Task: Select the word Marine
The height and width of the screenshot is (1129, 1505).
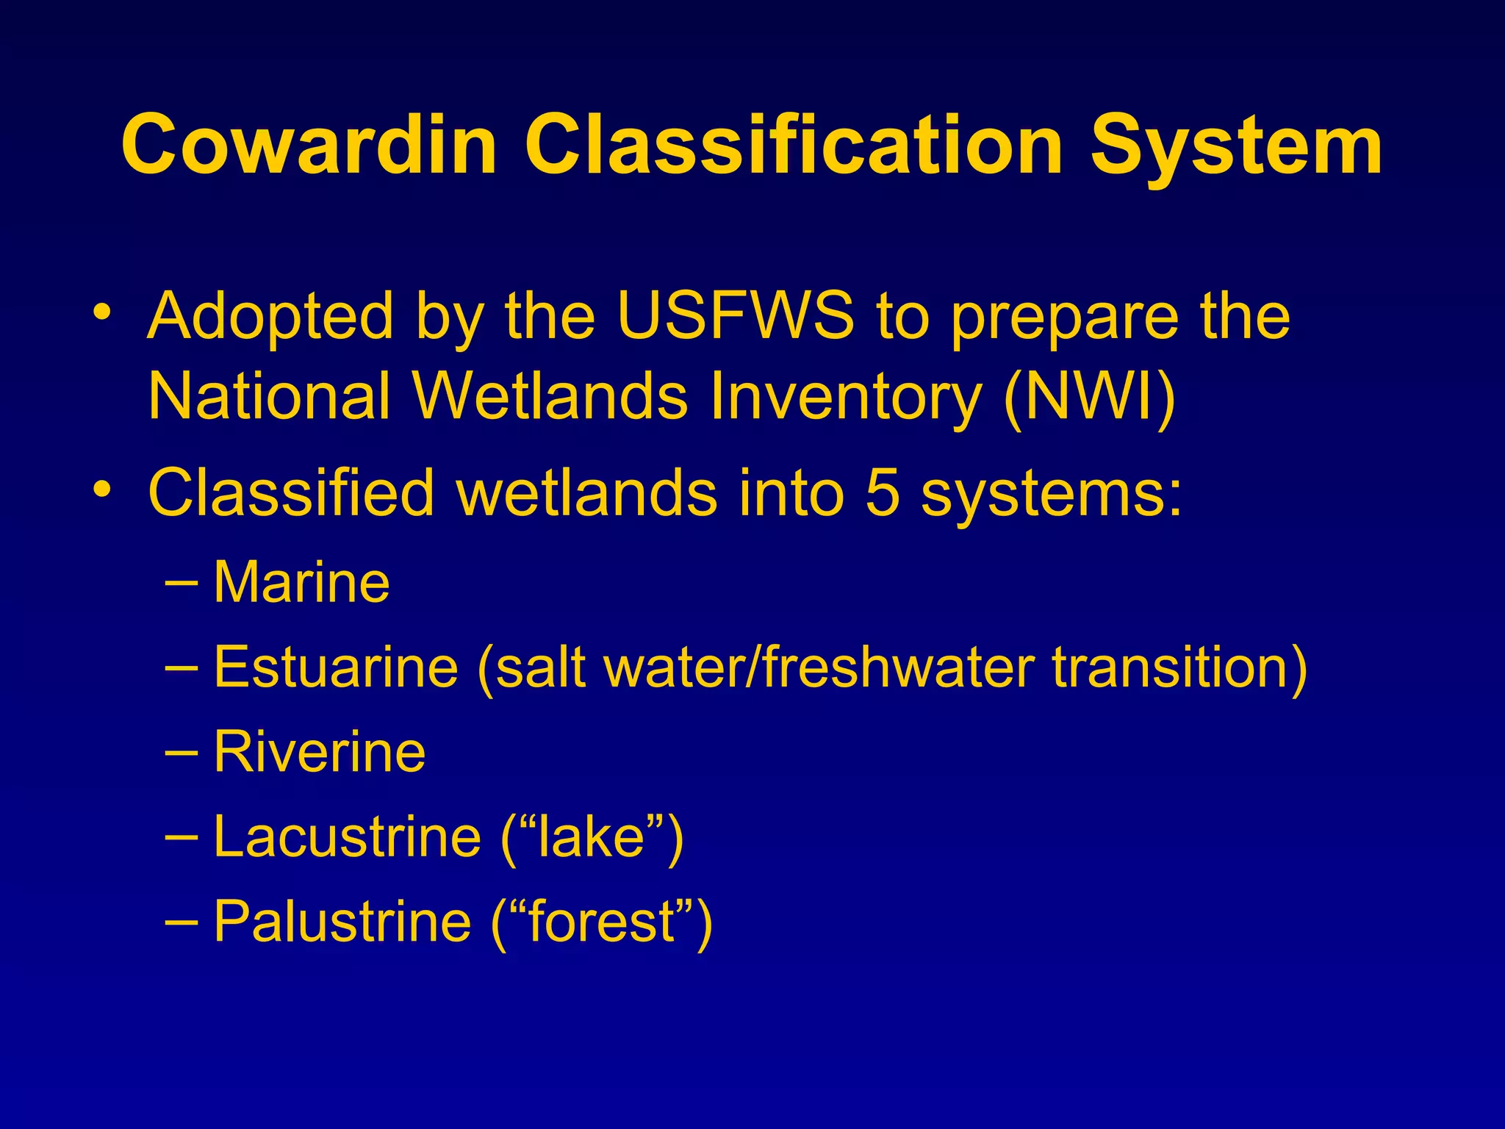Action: [x=301, y=582]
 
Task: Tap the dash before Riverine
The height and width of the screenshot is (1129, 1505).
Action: [x=182, y=753]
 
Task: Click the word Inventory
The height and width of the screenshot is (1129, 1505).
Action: [x=845, y=397]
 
